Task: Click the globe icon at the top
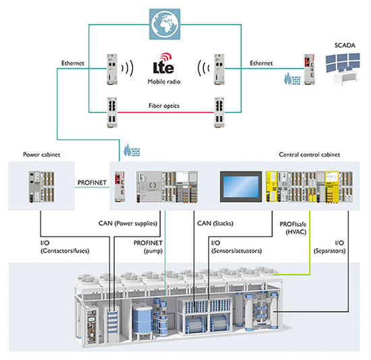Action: (x=165, y=24)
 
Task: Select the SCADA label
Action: (x=345, y=45)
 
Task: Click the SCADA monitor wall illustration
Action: (x=343, y=69)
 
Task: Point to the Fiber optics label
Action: (x=164, y=106)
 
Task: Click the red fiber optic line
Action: (x=166, y=113)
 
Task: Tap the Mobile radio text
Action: (x=164, y=82)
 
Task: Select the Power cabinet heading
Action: (x=42, y=154)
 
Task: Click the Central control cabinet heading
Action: (x=309, y=154)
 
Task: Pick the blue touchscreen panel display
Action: (x=241, y=187)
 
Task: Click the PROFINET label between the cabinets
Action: (x=92, y=183)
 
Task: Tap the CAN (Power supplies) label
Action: (x=127, y=223)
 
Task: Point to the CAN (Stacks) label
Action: (x=215, y=223)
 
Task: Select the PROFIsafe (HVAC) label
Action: (x=293, y=228)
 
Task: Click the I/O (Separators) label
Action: (x=330, y=247)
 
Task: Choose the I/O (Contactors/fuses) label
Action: (x=65, y=247)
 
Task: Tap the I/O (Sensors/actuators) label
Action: (x=236, y=247)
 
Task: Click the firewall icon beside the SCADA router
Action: (x=292, y=78)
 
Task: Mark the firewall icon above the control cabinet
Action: (x=132, y=150)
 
